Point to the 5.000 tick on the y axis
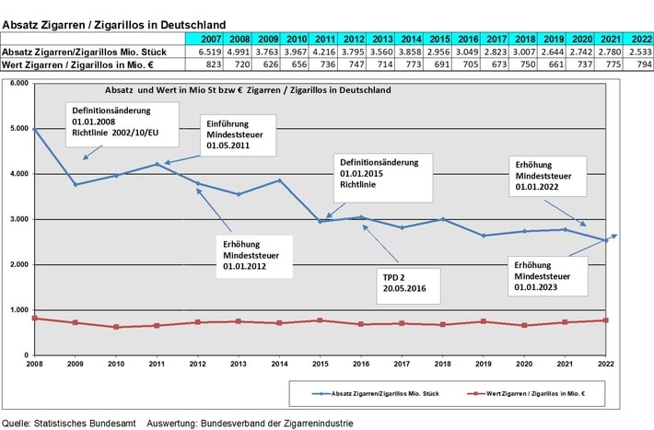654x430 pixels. (x=16, y=129)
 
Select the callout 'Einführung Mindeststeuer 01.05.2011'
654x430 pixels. (x=239, y=134)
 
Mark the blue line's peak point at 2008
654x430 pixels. (x=33, y=130)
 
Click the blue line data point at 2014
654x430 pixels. (x=279, y=180)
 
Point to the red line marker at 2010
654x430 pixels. (x=116, y=327)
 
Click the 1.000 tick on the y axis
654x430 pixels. (x=16, y=309)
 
